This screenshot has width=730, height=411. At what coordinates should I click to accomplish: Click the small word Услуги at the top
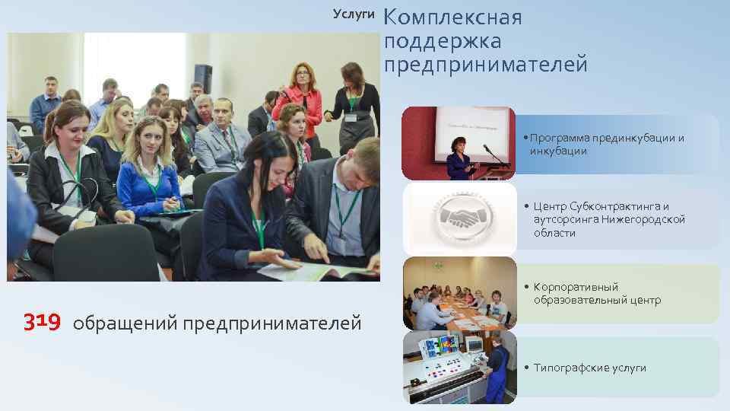tap(354, 14)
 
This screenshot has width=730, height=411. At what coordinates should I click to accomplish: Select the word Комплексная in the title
tap(453, 18)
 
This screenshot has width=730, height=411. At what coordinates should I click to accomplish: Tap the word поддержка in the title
tap(443, 41)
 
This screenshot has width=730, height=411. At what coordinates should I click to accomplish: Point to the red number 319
tap(41, 323)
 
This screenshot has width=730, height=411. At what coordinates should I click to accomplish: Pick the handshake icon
tap(459, 219)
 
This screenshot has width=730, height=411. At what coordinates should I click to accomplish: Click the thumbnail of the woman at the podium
tap(459, 143)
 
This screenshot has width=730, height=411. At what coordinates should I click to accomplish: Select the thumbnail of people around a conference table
tap(459, 293)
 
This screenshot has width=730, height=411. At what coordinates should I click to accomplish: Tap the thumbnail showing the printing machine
tap(459, 367)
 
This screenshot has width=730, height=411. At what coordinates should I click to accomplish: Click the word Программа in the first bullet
tap(560, 138)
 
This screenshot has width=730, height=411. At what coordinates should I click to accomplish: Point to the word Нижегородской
tap(643, 219)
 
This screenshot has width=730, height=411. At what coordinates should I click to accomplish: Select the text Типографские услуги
tap(589, 368)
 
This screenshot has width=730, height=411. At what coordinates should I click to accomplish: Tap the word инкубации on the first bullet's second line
tap(558, 151)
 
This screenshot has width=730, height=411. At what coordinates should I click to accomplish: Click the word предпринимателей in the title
tap(485, 65)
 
